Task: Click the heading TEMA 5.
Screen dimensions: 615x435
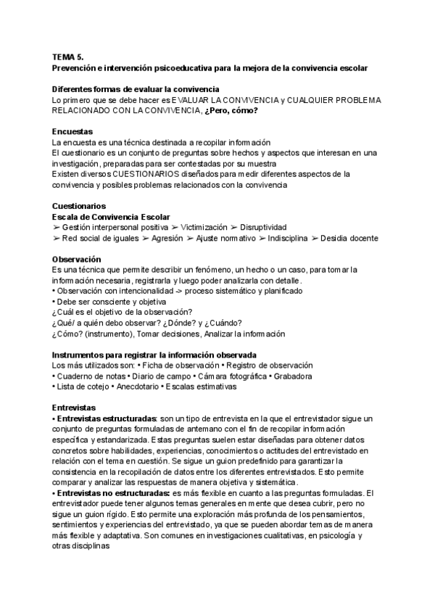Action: coord(67,57)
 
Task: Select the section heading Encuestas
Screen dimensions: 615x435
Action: coord(72,132)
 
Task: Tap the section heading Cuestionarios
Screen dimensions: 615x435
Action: coord(79,206)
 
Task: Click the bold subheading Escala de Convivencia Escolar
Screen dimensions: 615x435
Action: coord(111,217)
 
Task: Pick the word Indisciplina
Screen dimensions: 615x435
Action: coord(290,238)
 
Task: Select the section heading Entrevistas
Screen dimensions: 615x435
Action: coord(74,408)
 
